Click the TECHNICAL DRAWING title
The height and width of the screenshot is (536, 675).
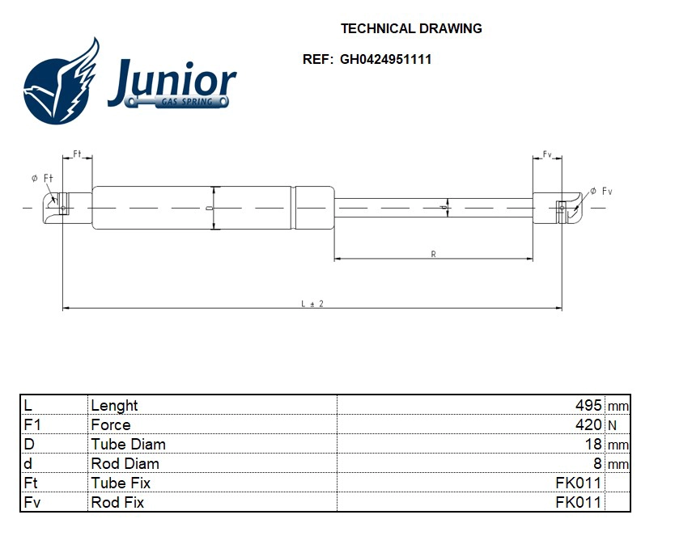[x=411, y=28]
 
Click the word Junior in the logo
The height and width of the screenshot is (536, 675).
[x=172, y=81]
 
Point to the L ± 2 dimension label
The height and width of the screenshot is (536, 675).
[x=312, y=303]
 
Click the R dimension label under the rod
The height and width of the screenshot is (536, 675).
[x=434, y=254]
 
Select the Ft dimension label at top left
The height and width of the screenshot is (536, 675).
[x=78, y=154]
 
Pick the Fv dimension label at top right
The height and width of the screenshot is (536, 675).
[x=547, y=154]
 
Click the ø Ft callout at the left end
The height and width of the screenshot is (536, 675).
[x=42, y=178]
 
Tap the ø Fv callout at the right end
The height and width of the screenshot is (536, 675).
[x=601, y=191]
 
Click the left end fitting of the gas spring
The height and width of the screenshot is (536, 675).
[x=58, y=208]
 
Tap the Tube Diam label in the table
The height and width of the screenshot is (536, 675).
[x=128, y=444]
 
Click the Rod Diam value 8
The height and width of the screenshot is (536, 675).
[x=597, y=463]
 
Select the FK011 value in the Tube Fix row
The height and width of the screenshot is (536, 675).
[x=578, y=483]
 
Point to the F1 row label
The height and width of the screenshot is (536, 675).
[x=32, y=424]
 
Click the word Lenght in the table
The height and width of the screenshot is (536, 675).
[x=114, y=405]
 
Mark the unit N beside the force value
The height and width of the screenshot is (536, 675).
[x=612, y=425]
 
